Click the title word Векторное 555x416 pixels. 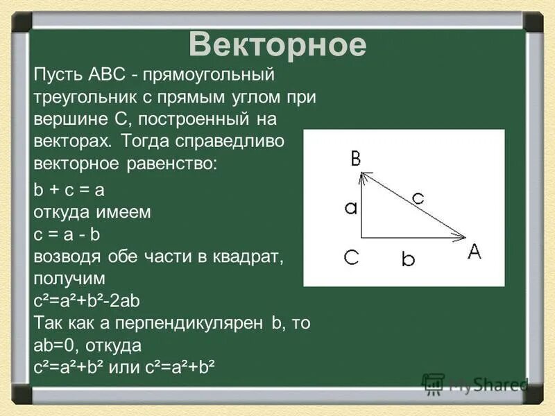(x=277, y=45)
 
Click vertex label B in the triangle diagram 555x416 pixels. (x=356, y=159)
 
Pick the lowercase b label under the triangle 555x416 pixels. (x=409, y=260)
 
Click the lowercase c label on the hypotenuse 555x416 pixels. (x=417, y=198)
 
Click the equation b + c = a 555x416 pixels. (x=69, y=190)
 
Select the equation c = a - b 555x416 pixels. (x=67, y=235)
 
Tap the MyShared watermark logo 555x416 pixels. (x=476, y=384)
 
